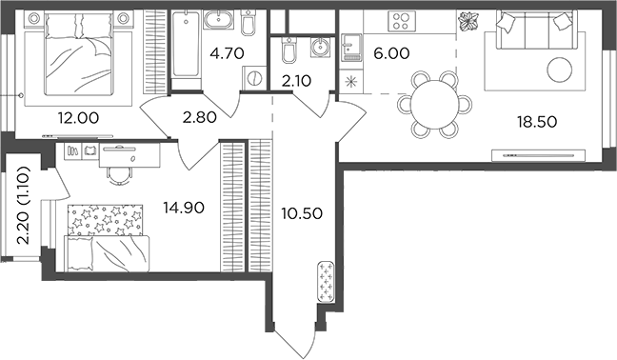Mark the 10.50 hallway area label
coord(301,211)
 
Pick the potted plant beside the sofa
coord(469,22)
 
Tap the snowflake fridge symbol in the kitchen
coord(354,83)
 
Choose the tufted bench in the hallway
coord(326,283)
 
